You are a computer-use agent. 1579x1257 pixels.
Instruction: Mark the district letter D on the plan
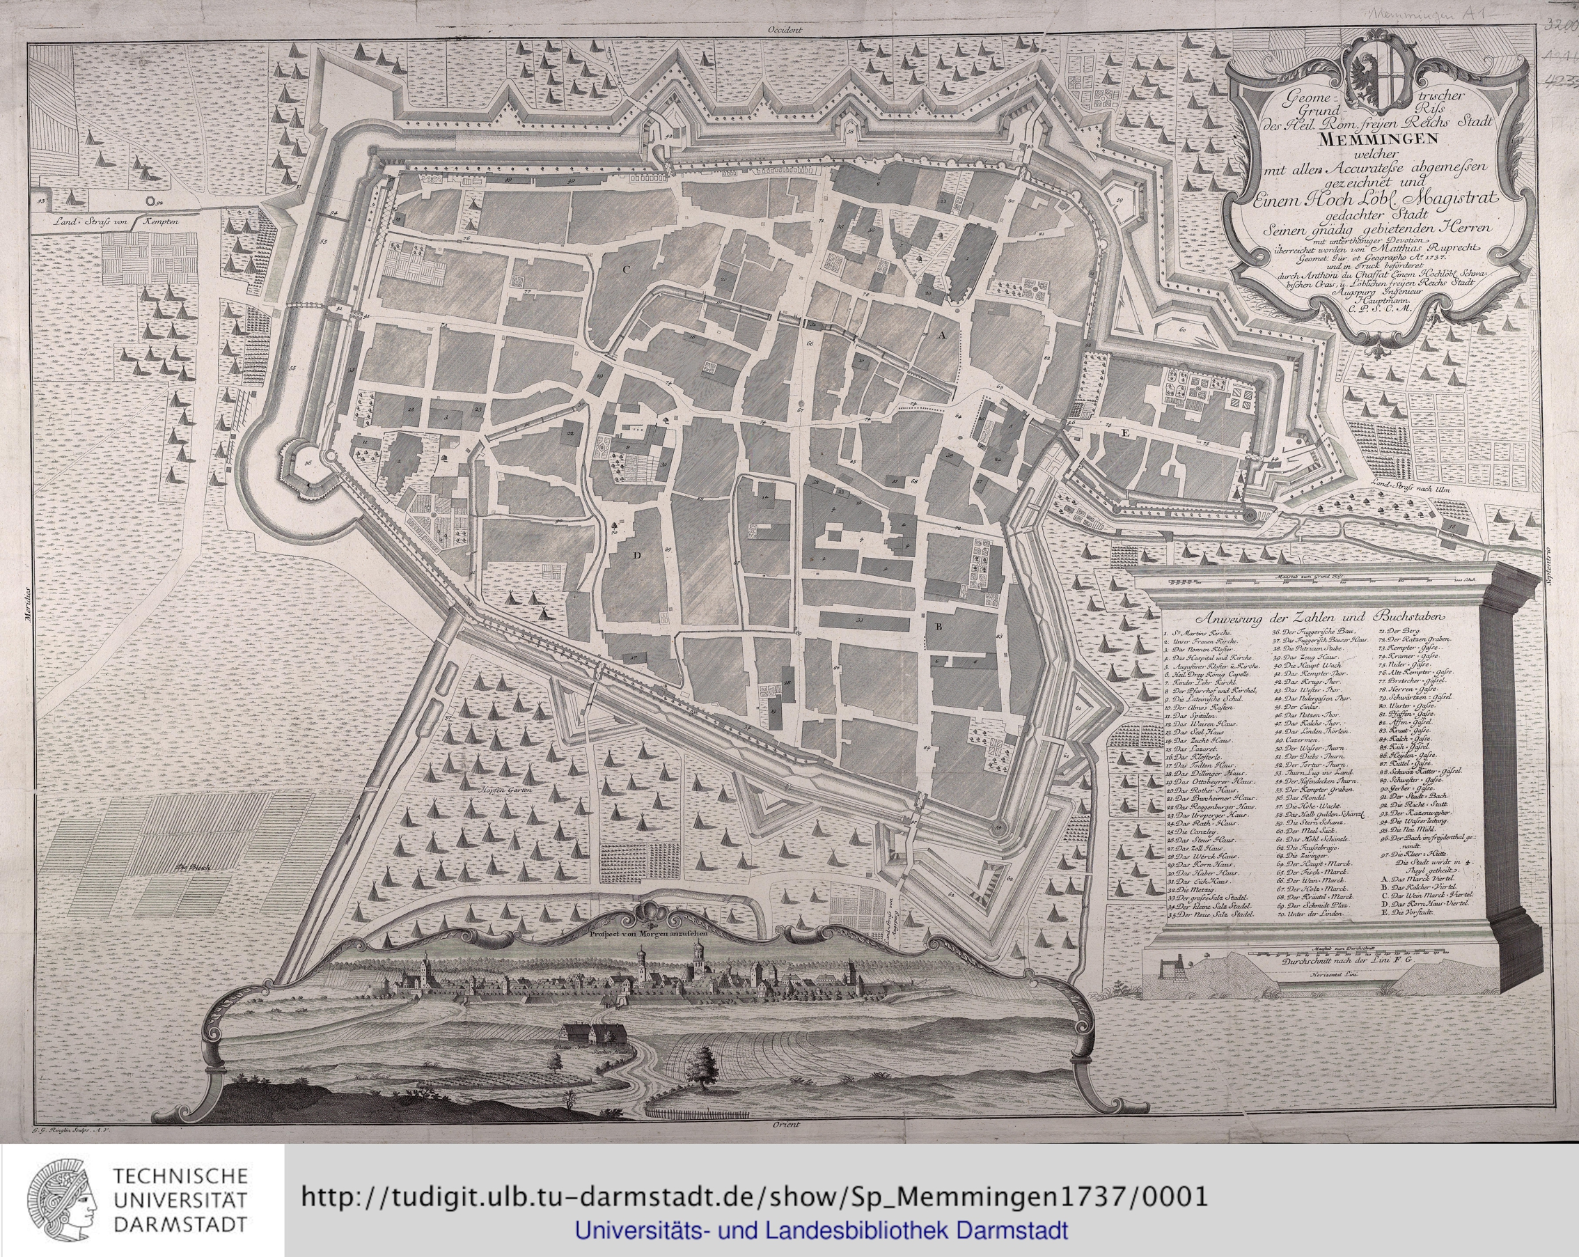637,555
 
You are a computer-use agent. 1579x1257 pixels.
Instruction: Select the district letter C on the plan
624,269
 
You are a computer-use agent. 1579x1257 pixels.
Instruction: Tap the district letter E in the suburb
1125,434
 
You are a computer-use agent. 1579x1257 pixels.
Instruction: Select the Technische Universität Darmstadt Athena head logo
63,1199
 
